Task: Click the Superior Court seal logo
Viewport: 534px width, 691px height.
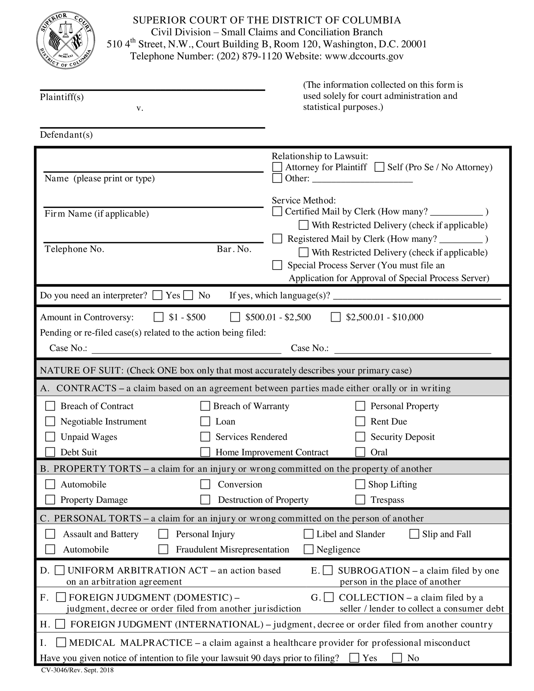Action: pos(66,40)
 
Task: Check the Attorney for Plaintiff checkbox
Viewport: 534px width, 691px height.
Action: pos(277,167)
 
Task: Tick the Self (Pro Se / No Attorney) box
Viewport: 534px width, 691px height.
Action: pos(380,167)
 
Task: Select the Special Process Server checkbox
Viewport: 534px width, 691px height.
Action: pos(277,265)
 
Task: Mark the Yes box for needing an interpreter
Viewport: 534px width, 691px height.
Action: pos(158,295)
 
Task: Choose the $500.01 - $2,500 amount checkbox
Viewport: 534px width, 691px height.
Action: pos(235,317)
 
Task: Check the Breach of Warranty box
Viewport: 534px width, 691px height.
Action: pos(205,406)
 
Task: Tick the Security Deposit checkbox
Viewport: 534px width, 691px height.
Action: pos(360,437)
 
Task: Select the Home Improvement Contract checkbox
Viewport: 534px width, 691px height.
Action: pos(205,452)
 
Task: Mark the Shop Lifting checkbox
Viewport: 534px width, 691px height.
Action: pos(360,484)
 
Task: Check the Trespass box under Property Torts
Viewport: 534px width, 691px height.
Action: pos(360,500)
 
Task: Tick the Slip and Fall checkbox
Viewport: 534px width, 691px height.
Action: pos(414,534)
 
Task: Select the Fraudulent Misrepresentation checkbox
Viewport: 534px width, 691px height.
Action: pos(163,549)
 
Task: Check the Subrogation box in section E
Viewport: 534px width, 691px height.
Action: pos(328,570)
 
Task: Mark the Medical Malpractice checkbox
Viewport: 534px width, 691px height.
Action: pos(61,643)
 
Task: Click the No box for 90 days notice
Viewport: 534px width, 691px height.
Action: pos(397,658)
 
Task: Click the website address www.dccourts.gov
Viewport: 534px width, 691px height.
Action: pos(364,56)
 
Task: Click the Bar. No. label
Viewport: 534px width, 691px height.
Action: pos(234,249)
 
